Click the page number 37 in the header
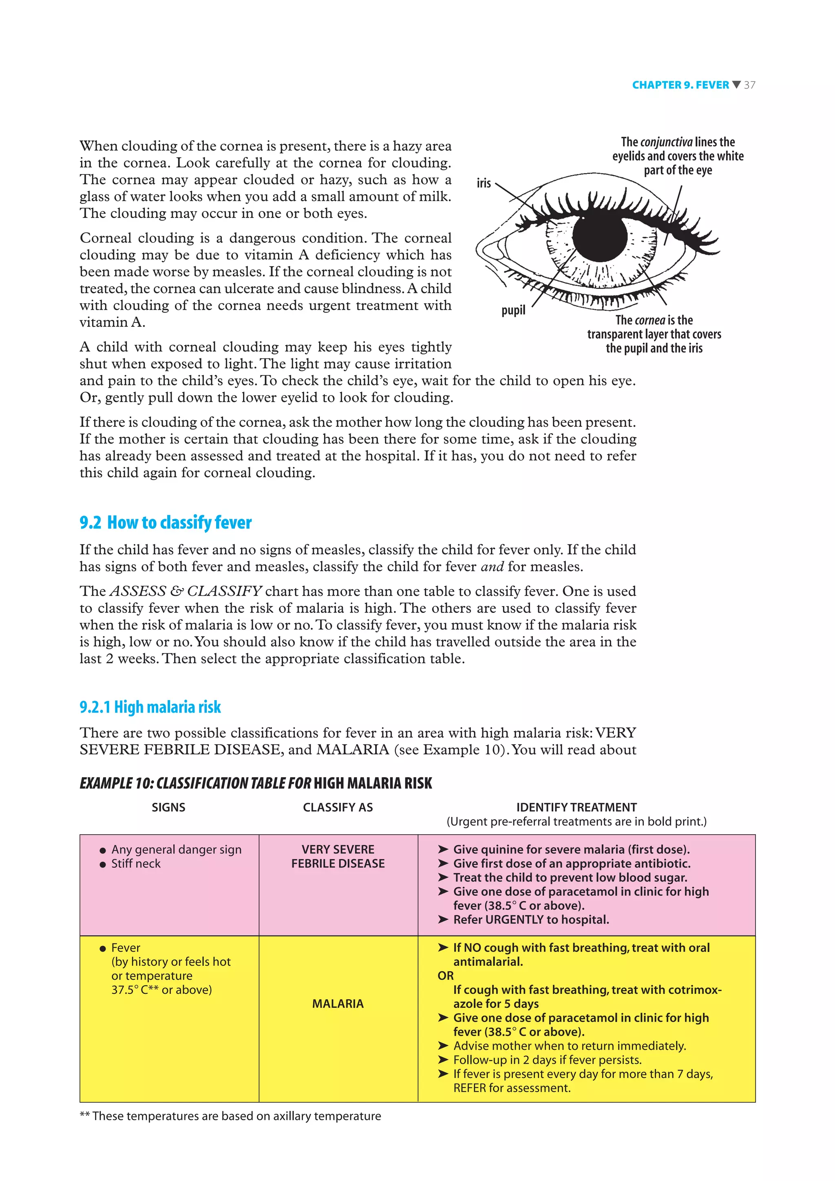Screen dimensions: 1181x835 750,85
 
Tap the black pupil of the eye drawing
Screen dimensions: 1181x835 599,237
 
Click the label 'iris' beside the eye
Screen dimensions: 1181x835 484,183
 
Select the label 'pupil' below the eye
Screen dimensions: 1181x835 513,310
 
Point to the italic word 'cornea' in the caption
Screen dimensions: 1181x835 650,320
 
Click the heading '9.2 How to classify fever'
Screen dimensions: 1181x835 165,522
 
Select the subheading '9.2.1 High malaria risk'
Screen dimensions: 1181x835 150,707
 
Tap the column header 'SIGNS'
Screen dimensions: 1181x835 168,807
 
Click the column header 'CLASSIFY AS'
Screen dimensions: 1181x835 338,807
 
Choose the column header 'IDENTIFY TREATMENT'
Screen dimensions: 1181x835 576,807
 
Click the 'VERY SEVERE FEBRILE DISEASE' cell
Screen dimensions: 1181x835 338,857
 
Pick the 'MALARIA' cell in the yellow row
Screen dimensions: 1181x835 338,1004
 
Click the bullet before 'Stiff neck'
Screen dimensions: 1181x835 103,864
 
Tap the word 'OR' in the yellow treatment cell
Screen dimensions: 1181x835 446,976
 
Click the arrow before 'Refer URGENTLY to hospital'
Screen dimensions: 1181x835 443,920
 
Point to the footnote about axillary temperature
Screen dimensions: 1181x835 230,1116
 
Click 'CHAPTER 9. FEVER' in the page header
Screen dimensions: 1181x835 680,85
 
